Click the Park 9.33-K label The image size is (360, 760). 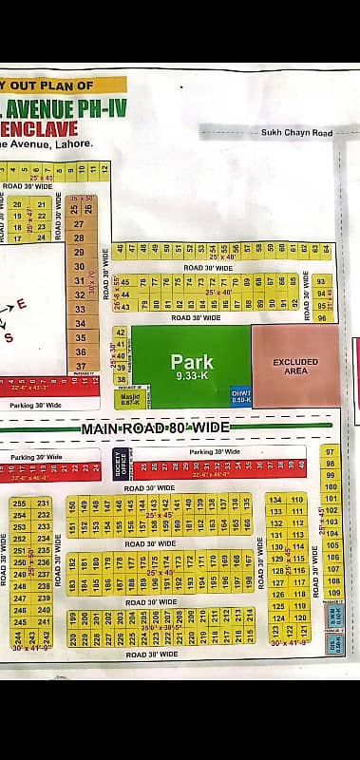pos(192,367)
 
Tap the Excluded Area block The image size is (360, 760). pos(295,366)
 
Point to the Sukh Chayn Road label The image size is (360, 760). pos(296,133)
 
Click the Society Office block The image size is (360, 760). pos(121,463)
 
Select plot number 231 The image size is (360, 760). pos(44,503)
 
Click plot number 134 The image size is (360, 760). pos(275,500)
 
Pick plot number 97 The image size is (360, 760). pos(331,451)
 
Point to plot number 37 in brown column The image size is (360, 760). pos(81,366)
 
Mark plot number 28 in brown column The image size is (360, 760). pos(80,237)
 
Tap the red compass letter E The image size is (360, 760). pos(22,305)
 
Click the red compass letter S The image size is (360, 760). pos(9,336)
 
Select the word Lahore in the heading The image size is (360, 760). pos(77,143)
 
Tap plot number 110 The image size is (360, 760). pos(297,500)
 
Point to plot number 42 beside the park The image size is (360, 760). pos(120,332)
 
